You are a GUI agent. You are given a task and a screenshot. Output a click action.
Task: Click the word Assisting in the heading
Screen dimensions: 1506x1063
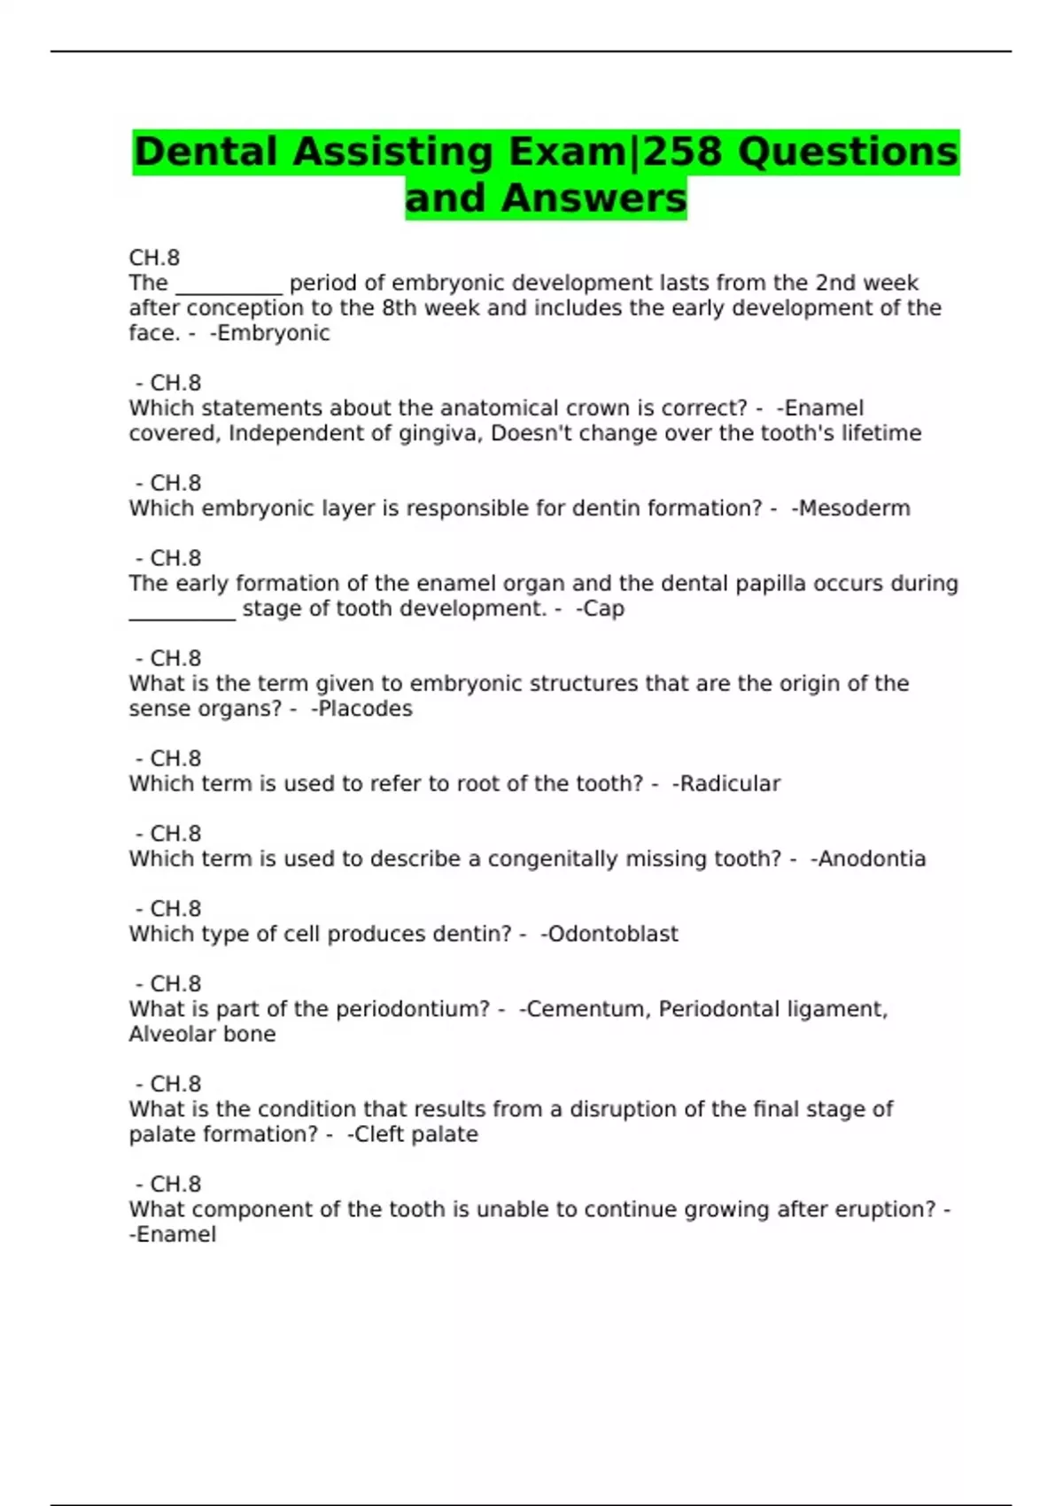pos(392,152)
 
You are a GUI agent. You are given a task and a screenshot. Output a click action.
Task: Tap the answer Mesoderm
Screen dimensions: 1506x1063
pos(854,508)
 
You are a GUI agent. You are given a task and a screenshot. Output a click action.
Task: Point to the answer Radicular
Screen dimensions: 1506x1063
pos(730,784)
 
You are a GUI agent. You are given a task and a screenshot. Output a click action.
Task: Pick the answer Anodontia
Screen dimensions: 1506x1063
pos(872,859)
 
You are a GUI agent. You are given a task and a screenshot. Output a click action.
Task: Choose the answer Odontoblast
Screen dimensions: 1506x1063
pos(613,934)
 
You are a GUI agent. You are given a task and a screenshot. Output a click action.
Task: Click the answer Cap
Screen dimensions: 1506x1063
pos(603,609)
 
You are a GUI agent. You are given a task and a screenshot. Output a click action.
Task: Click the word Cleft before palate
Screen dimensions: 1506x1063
pos(380,1134)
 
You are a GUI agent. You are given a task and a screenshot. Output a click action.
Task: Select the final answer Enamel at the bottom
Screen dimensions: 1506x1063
pos(175,1235)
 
